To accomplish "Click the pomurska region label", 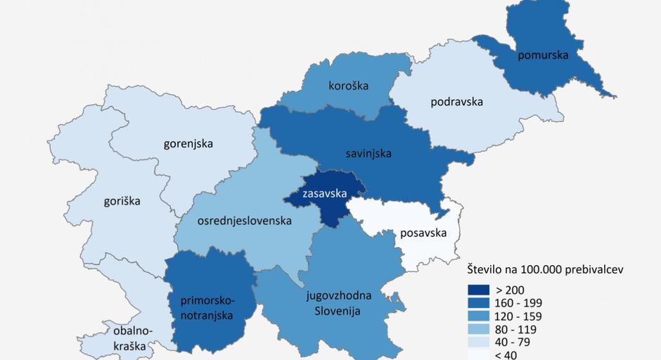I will pos(541,55).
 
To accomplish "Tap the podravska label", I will pos(456,101).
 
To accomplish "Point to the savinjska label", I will pos(368,152).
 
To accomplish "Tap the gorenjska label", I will pos(188,143).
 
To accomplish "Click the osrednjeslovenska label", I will pos(244,221).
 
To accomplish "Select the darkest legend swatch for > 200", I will pos(481,290).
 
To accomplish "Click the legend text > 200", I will pos(511,290).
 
